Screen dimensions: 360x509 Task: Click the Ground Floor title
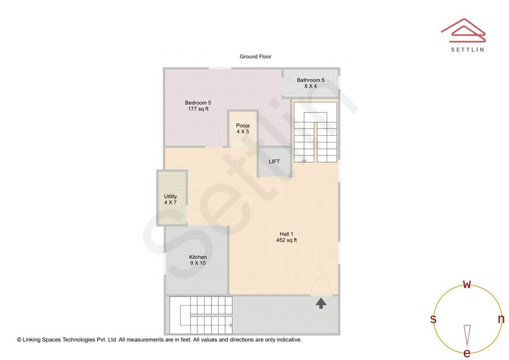click(x=255, y=57)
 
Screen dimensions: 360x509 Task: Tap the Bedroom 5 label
click(x=198, y=103)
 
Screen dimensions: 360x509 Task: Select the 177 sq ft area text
click(x=198, y=109)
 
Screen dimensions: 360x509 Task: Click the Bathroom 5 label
click(x=311, y=80)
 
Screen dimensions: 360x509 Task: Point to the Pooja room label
click(x=243, y=125)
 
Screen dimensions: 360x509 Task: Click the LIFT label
click(x=274, y=162)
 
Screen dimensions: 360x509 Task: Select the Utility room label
click(x=171, y=196)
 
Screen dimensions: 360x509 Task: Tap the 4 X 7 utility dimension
click(x=171, y=203)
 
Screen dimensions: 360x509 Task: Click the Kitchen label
click(x=198, y=257)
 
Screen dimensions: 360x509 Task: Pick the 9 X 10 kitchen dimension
click(x=198, y=263)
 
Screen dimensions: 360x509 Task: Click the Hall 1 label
click(x=287, y=234)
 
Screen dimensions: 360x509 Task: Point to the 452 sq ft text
click(x=287, y=240)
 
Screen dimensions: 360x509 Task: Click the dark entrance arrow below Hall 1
click(x=321, y=303)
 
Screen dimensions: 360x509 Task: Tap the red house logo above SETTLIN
click(x=463, y=28)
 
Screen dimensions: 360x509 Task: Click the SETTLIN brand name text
click(x=467, y=49)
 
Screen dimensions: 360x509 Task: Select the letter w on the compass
click(x=467, y=284)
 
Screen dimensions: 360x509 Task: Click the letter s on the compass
click(x=433, y=319)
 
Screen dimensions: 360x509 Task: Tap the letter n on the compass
click(x=501, y=319)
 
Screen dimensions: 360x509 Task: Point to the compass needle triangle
click(x=467, y=335)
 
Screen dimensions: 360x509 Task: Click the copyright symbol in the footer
click(x=19, y=339)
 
